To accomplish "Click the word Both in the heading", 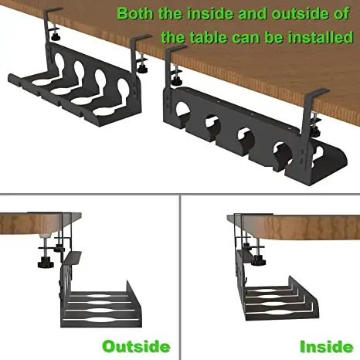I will [136, 13].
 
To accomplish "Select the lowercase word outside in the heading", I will [297, 13].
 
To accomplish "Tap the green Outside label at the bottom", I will [137, 345].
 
